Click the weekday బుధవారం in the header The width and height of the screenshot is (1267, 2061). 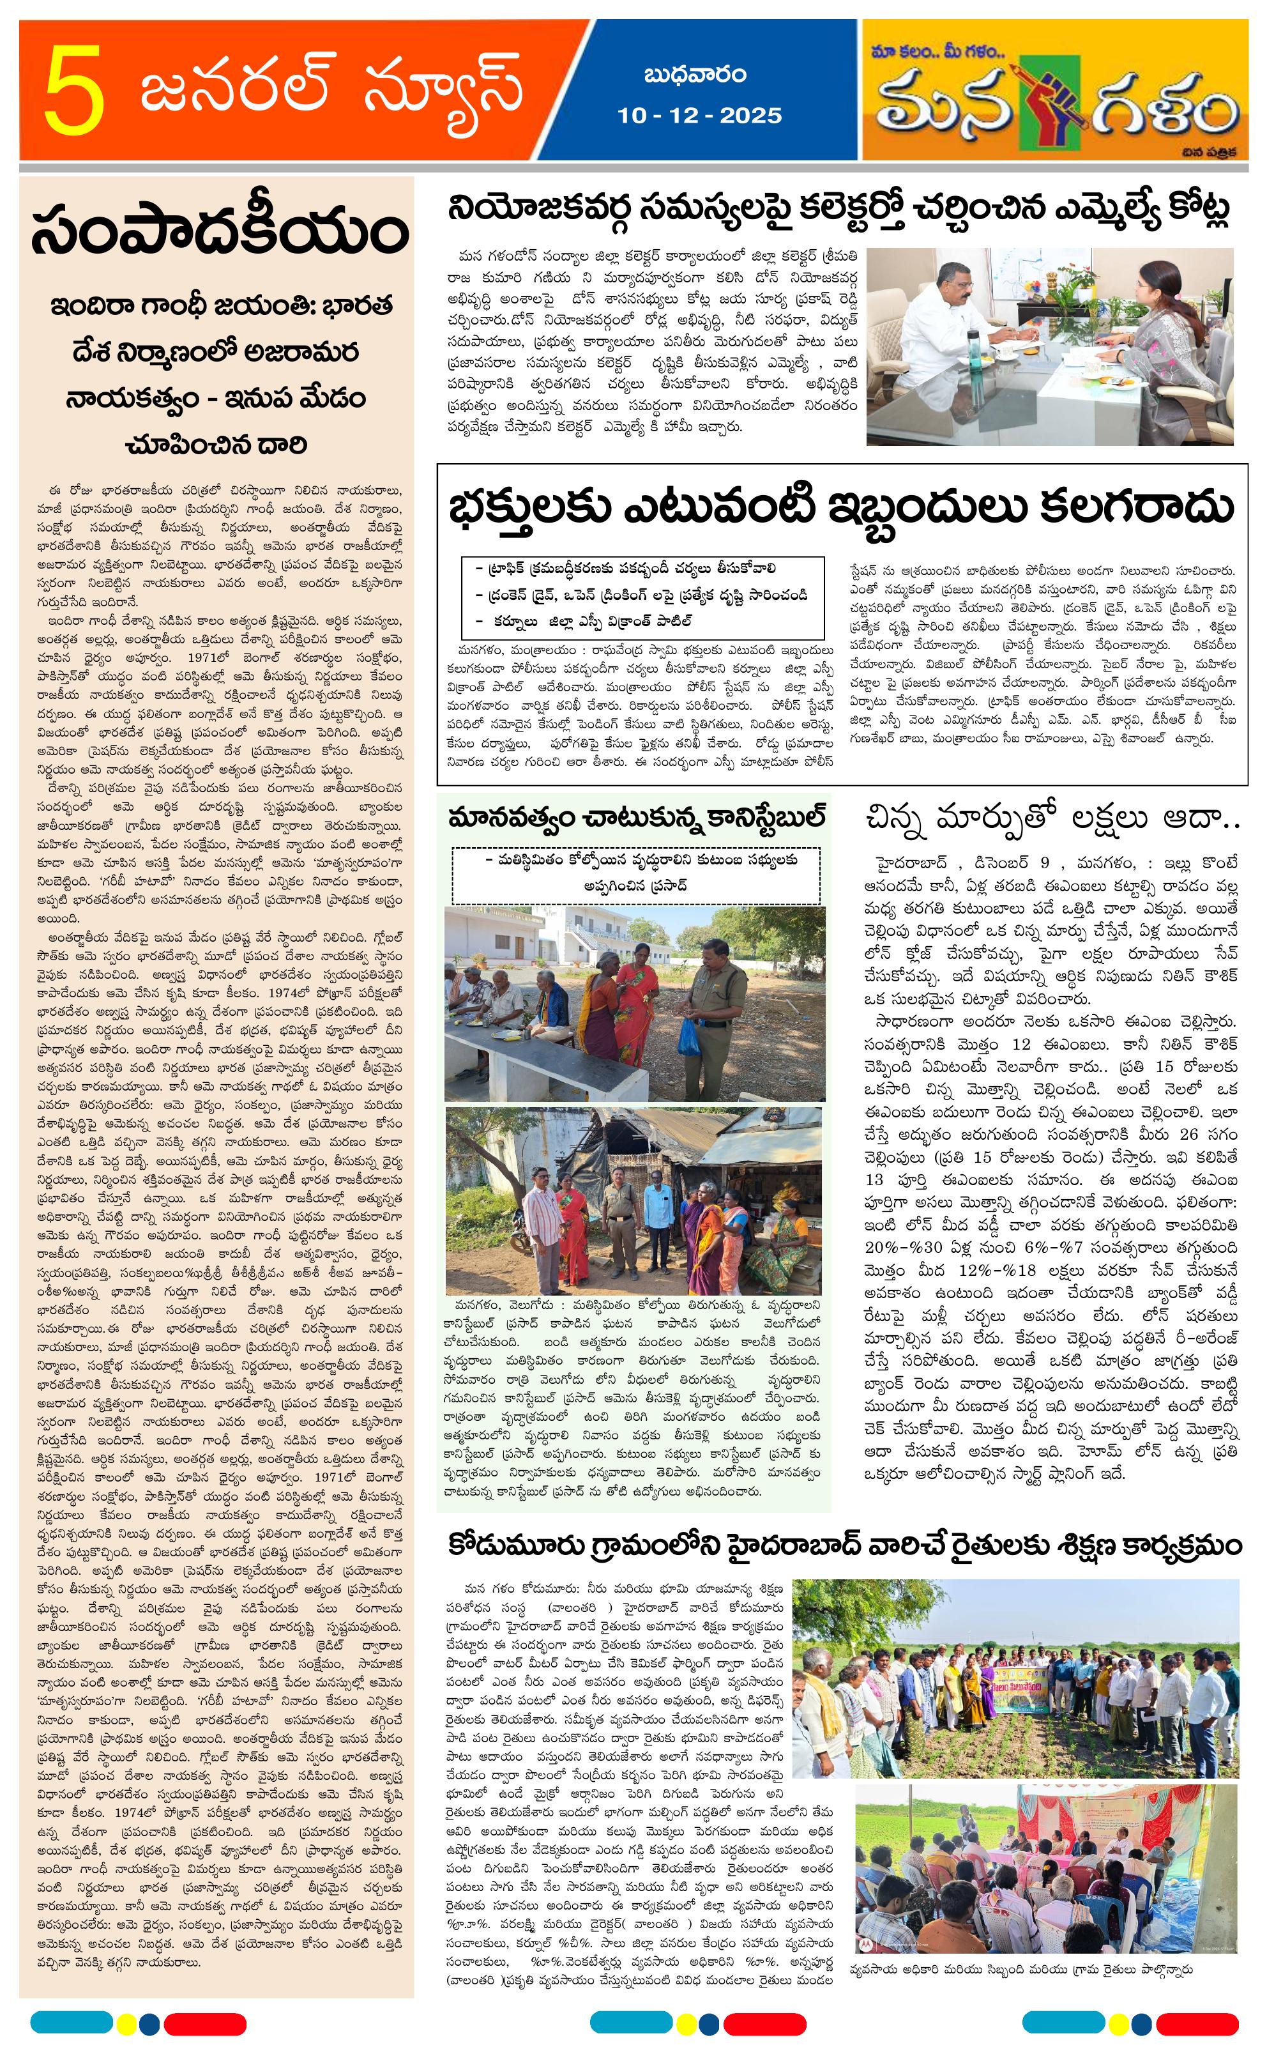[x=695, y=75]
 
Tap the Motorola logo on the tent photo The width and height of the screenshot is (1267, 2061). [x=864, y=1943]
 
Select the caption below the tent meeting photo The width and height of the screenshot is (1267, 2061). [x=1020, y=1969]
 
